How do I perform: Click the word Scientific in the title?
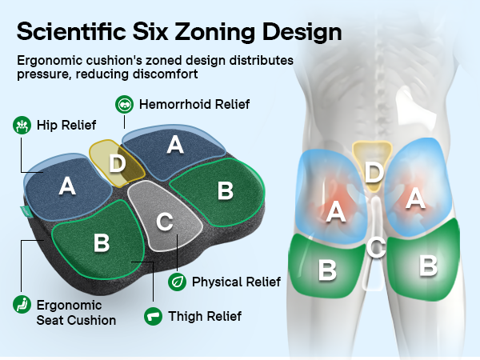(71, 31)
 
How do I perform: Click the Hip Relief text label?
(66, 126)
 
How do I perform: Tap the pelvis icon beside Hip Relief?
(22, 126)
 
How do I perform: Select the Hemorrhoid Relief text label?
(194, 104)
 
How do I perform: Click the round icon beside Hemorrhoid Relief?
(124, 104)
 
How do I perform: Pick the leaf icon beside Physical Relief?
(178, 282)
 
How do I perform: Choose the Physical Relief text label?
(236, 282)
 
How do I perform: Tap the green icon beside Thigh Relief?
(153, 316)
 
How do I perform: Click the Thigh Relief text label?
(205, 317)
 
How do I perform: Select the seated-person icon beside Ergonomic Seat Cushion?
(22, 305)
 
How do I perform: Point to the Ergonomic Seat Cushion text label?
(76, 313)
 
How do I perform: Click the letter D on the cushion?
(118, 163)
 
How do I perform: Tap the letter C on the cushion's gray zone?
(165, 222)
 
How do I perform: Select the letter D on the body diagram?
(374, 173)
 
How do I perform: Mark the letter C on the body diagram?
(376, 247)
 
